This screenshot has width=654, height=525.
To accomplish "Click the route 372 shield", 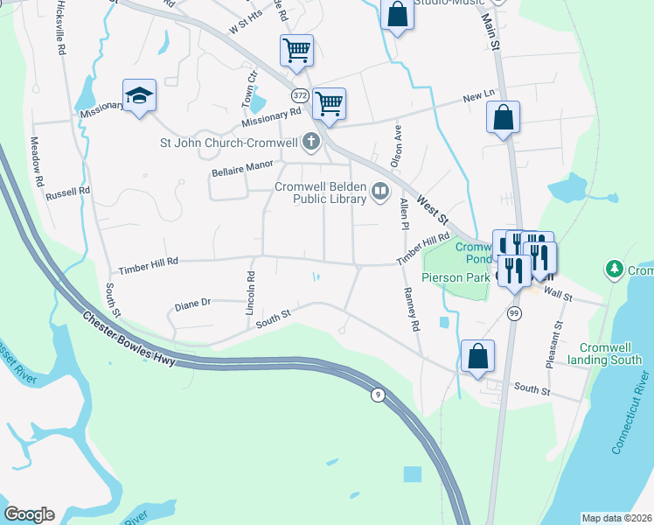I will pos(300,94).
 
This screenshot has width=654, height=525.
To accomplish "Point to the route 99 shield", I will pos(515,313).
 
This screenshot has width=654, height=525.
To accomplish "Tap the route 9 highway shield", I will pos(378,395).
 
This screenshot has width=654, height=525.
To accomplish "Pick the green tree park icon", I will pos(615,269).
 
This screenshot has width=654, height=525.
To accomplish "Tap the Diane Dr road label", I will pos(192,304).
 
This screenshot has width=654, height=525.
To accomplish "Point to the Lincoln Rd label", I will pos(250,293).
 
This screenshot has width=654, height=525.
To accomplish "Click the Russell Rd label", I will pos(68,192).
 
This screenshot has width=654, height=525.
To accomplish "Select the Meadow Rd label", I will pos(38,161).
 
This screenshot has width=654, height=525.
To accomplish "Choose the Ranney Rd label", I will pos(409,310).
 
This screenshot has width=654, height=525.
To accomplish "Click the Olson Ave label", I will pos(396,144).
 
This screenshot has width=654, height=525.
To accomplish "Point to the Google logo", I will pos(30,514).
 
